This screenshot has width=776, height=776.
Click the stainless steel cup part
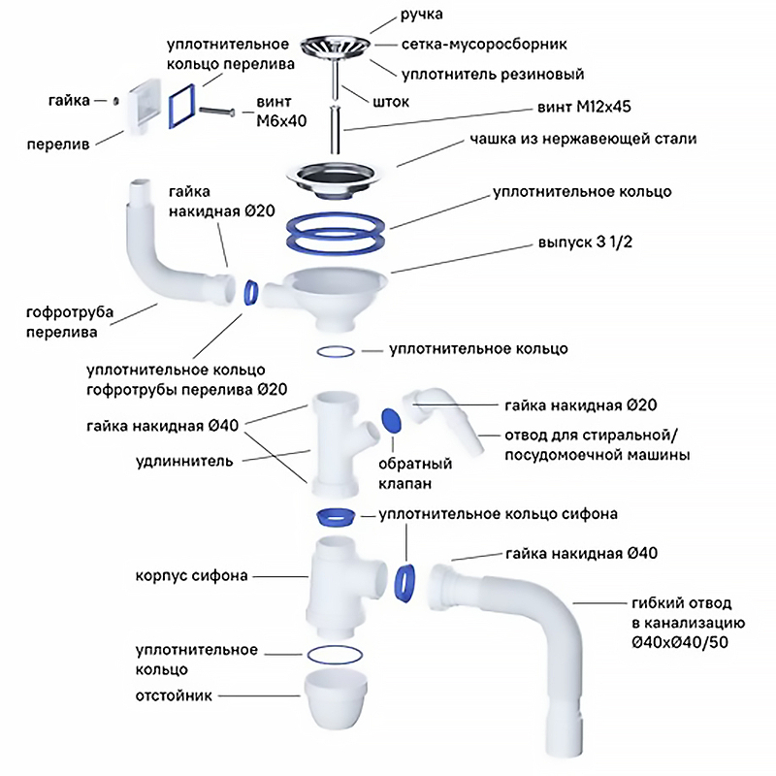pos(337,174)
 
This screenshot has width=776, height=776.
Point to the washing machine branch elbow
pos(447,418)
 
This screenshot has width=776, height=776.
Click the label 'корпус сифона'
pos(192,576)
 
